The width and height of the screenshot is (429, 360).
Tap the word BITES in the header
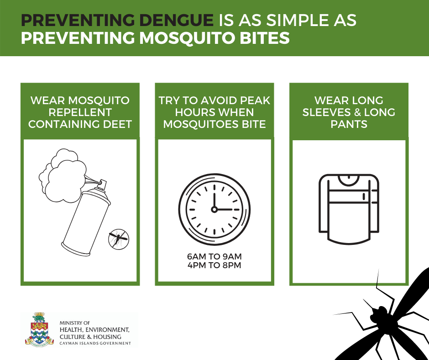[x=265, y=38]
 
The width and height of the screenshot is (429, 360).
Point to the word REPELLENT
[x=80, y=112]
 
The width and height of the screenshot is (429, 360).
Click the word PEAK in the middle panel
[x=255, y=101]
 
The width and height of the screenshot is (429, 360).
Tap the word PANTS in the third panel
[x=349, y=124]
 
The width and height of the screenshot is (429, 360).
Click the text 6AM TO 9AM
[x=214, y=256]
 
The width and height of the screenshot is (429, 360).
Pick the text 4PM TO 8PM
[x=214, y=265]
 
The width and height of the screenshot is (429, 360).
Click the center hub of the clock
[x=214, y=210]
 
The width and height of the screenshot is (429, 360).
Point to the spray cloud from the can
[x=63, y=175]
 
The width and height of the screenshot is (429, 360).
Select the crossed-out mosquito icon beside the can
[x=119, y=239]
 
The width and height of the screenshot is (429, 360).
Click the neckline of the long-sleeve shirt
[x=349, y=180]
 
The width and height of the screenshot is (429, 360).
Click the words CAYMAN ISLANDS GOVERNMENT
[x=95, y=343]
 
